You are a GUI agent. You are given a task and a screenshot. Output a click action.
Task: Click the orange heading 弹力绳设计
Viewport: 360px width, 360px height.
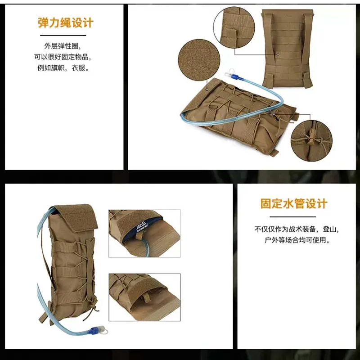(66, 23)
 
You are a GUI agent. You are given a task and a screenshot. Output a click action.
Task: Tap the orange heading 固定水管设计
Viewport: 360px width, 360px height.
(294, 204)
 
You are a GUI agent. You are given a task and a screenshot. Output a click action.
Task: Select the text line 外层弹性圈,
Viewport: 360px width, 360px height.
(63, 46)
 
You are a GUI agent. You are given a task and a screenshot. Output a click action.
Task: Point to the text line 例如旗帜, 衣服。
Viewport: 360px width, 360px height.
(63, 68)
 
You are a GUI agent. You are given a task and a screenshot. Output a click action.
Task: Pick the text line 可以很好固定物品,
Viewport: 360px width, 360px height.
(63, 57)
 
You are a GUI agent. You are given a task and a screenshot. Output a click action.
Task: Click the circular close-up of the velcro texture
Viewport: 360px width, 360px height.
(199, 60)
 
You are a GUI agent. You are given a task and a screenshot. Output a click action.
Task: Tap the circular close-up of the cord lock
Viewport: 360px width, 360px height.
(311, 140)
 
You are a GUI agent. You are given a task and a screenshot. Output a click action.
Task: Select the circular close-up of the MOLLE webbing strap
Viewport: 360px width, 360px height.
(234, 27)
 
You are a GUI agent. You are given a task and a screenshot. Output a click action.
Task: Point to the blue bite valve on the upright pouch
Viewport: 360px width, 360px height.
(98, 330)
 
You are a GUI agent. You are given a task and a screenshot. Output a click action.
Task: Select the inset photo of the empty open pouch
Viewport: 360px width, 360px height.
(144, 297)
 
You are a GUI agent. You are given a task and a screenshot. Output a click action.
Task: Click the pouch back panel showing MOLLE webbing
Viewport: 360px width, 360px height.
(288, 49)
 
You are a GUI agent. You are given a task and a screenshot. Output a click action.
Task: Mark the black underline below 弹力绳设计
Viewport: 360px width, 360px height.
(63, 36)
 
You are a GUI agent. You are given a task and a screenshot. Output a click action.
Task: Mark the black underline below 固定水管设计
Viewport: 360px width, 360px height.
(293, 216)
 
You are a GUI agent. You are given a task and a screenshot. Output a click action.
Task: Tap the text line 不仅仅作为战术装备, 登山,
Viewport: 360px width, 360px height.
(297, 229)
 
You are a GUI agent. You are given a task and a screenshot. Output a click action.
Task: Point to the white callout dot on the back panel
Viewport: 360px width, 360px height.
(278, 54)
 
